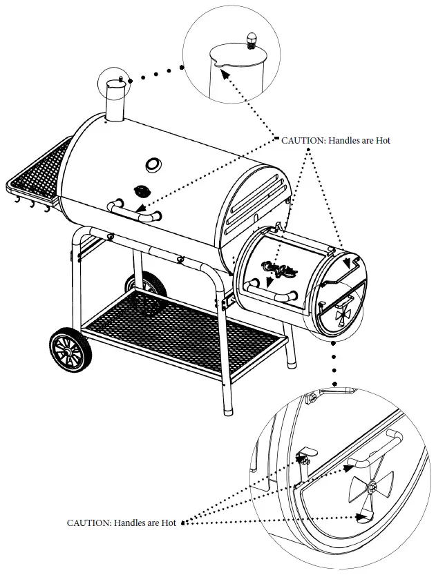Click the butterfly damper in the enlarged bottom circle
(x=371, y=488)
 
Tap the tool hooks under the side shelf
(x=31, y=204)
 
